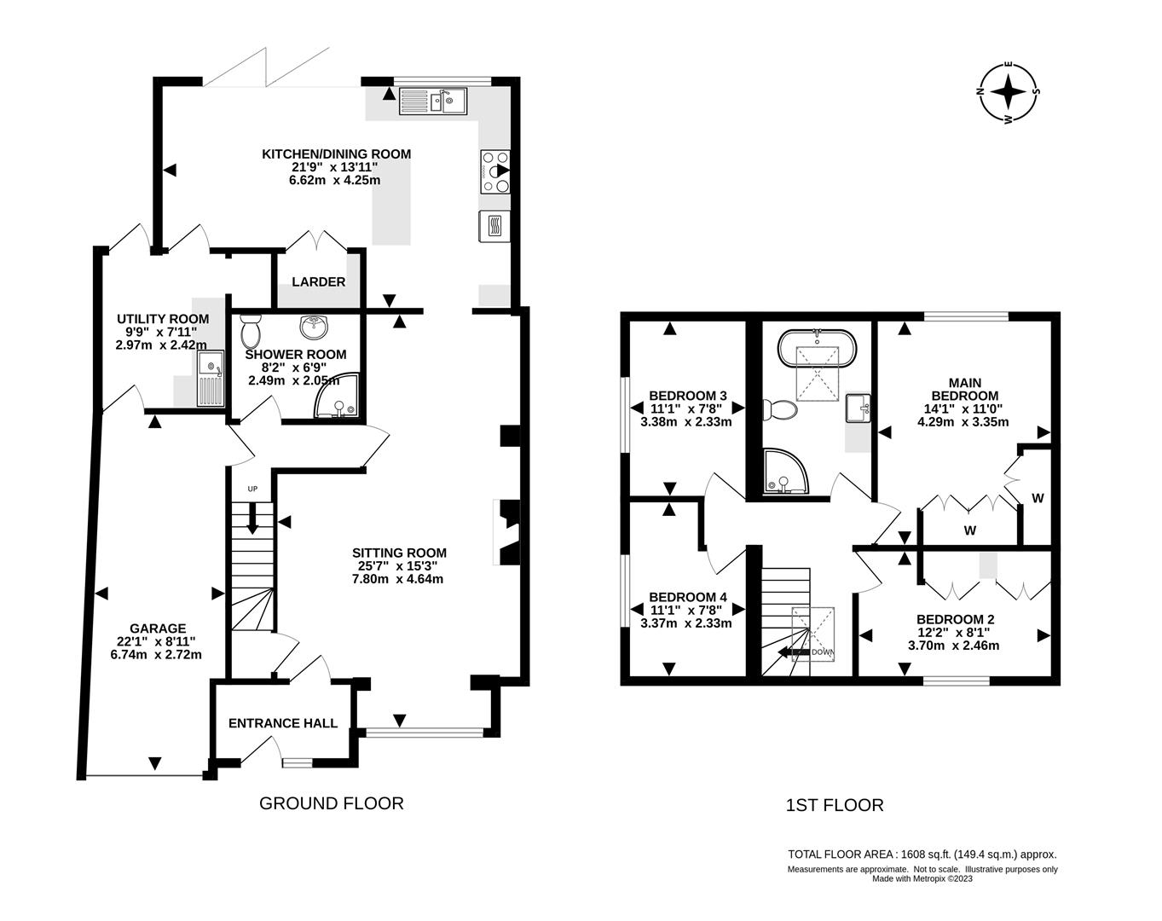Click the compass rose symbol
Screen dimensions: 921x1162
(1009, 92)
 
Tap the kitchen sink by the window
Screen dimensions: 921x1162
(431, 101)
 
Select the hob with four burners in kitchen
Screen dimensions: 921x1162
(495, 171)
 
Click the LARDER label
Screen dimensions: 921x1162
(318, 282)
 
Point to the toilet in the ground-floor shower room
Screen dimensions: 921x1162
(251, 329)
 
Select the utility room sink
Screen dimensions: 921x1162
(209, 380)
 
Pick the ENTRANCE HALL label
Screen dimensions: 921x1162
(283, 723)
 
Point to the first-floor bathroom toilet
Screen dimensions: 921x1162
(779, 411)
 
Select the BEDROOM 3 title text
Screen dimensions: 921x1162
(687, 396)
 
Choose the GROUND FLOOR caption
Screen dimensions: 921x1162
(331, 803)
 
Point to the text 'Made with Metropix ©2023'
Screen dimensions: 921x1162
(922, 878)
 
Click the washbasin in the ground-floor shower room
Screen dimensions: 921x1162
(315, 327)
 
